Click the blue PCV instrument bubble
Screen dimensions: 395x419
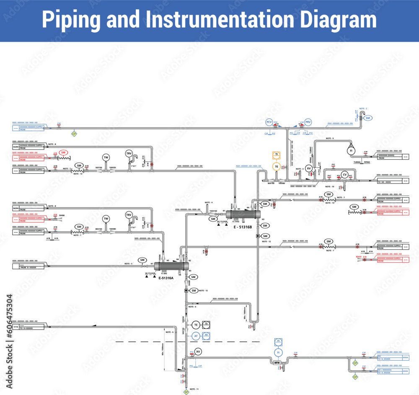click(269, 122)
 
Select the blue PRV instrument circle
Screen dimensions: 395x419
click(308, 122)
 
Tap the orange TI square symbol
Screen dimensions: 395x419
click(277, 155)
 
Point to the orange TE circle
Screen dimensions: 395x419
click(277, 166)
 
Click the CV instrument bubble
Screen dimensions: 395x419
click(344, 174)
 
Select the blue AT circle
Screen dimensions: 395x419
click(195, 336)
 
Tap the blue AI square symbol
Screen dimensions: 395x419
click(206, 335)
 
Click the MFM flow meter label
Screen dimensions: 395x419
click(277, 362)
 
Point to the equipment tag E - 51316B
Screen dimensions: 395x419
click(243, 227)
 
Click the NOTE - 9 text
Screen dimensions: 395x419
click(330, 138)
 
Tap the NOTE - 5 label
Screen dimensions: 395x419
click(128, 263)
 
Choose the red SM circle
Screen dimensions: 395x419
click(63, 152)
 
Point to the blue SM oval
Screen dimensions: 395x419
click(368, 118)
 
